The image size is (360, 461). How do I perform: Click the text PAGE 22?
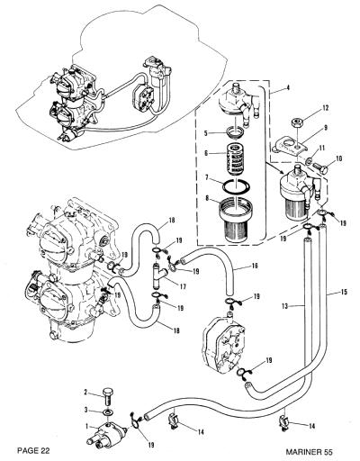(33, 450)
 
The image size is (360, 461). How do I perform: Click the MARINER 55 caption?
(310, 452)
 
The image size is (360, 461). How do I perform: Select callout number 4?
(288, 88)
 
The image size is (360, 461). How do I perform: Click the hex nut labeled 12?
(296, 123)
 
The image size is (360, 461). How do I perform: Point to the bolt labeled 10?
(319, 167)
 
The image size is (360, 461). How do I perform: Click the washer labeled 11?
(309, 161)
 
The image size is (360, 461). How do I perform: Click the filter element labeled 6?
(236, 159)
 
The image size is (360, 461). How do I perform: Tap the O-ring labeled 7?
(237, 186)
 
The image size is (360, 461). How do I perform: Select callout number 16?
(255, 266)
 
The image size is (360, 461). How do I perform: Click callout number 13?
(285, 306)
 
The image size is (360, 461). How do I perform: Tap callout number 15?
(344, 292)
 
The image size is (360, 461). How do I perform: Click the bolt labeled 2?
(108, 397)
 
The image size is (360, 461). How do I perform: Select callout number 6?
(206, 153)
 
